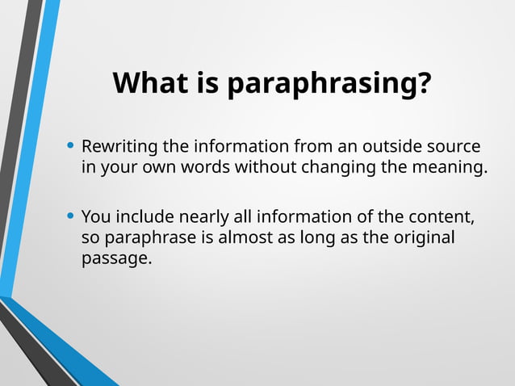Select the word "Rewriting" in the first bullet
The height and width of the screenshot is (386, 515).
tap(119, 147)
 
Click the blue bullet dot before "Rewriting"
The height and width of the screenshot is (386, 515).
tap(71, 146)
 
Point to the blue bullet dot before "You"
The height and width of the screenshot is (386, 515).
tap(71, 216)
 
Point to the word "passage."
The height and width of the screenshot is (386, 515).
tap(116, 259)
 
